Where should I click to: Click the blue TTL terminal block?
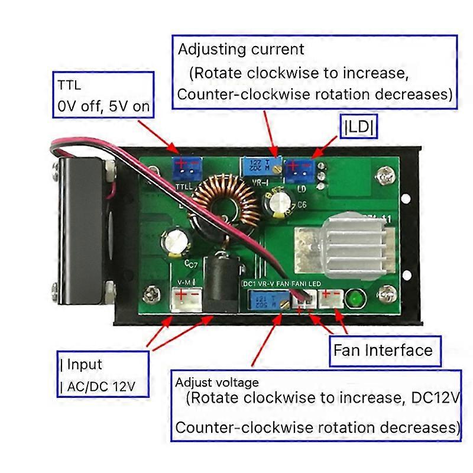(x=187, y=169)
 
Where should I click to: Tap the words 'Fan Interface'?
(x=383, y=350)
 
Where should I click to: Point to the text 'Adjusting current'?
(x=241, y=49)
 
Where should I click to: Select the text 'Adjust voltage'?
(x=217, y=383)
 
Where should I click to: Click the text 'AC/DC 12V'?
(x=101, y=387)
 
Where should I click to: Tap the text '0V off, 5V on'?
(x=103, y=106)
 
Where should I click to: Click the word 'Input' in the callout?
(x=84, y=364)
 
